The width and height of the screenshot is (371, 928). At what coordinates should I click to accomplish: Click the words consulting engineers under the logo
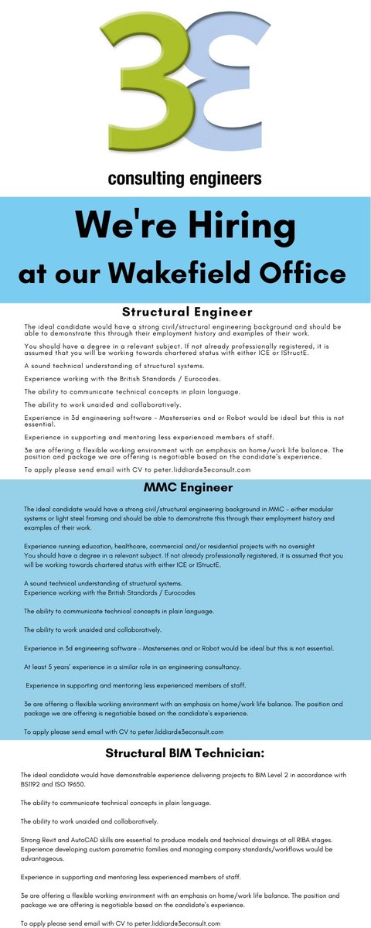pos(185,179)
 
